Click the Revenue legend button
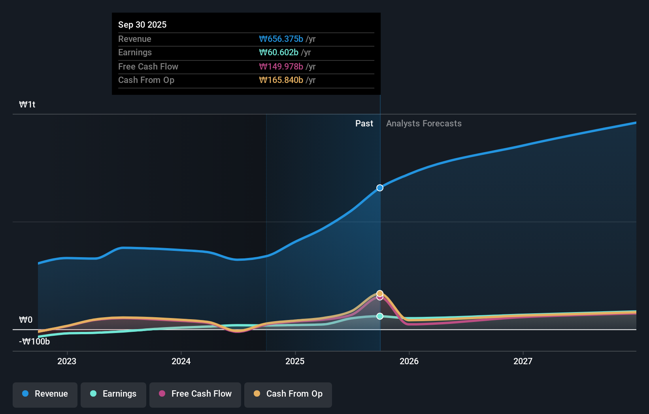click(x=45, y=394)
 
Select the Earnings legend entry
click(x=113, y=394)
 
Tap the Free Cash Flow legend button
click(x=195, y=394)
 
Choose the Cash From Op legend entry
click(x=288, y=394)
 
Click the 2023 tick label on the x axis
click(x=67, y=361)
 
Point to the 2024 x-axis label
click(x=181, y=361)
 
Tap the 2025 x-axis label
click(x=295, y=361)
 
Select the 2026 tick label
click(x=409, y=361)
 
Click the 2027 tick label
click(x=523, y=361)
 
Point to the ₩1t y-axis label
click(x=27, y=105)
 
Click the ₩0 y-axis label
click(x=26, y=320)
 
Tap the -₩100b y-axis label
click(x=34, y=342)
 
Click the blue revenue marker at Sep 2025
click(x=380, y=188)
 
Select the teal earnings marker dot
click(x=380, y=316)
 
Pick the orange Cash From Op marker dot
click(x=380, y=293)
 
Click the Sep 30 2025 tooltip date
click(x=142, y=25)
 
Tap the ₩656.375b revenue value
click(x=281, y=39)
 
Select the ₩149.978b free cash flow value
click(x=281, y=67)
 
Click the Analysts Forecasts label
click(x=424, y=124)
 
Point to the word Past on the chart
click(x=364, y=124)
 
